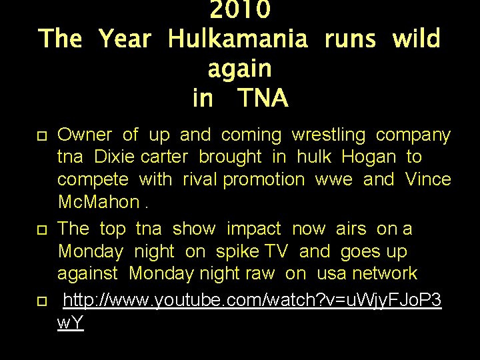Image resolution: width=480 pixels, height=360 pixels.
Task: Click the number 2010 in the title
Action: [x=240, y=10]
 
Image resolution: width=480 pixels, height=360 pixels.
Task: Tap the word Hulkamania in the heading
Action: [x=238, y=39]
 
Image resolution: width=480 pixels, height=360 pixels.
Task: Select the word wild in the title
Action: [x=417, y=39]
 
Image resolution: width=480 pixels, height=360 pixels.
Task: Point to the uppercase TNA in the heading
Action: [x=263, y=99]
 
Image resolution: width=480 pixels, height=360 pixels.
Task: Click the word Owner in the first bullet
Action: [x=85, y=135]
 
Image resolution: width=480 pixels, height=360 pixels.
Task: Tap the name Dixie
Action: [x=117, y=157]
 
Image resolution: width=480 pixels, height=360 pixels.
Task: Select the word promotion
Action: [x=263, y=179]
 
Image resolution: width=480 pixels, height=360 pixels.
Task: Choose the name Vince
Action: [x=428, y=179]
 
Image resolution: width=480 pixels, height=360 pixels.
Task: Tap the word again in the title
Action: [x=239, y=69]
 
